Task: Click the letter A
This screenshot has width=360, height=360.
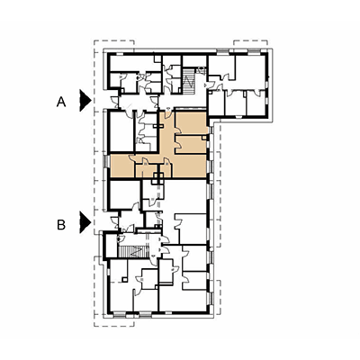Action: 61,103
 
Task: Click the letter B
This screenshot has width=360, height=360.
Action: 61,224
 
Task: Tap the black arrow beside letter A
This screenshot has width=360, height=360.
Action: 85,100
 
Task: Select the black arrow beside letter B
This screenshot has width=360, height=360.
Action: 85,222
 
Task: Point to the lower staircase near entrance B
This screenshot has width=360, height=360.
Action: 133,251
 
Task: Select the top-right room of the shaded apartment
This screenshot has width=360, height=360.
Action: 191,122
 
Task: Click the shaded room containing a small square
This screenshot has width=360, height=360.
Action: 191,144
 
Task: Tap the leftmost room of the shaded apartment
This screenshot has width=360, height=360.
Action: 122,166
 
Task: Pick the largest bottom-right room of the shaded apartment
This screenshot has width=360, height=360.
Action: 190,166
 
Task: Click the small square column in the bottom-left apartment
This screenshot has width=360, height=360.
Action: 124,280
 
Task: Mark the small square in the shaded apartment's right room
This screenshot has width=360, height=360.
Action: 204,138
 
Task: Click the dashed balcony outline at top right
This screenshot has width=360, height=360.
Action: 250,43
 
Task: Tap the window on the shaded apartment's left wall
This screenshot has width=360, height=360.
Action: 106,161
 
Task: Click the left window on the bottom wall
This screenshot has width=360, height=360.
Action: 120,314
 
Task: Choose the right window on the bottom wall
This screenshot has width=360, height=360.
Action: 145,314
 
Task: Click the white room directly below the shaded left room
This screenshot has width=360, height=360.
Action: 124,194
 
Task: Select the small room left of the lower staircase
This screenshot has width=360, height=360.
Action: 111,246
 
